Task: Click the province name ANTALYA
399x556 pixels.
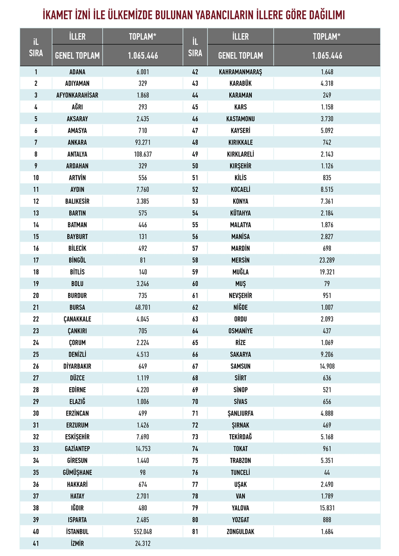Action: pyautogui.click(x=78, y=154)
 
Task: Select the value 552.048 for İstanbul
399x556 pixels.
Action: pyautogui.click(x=142, y=531)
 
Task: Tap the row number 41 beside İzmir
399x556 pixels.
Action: pyautogui.click(x=36, y=543)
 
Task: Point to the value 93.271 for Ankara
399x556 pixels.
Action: pyautogui.click(x=142, y=143)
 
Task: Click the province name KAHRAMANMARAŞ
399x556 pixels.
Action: pyautogui.click(x=240, y=72)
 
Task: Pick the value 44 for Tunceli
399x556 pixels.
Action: pyautogui.click(x=327, y=472)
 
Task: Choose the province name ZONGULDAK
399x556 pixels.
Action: pyautogui.click(x=240, y=531)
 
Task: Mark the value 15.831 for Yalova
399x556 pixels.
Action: pyautogui.click(x=327, y=508)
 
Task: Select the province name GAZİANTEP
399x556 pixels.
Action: pyautogui.click(x=78, y=449)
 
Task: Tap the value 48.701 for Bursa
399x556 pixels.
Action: pyautogui.click(x=142, y=307)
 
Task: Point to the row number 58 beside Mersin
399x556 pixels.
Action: pyautogui.click(x=195, y=260)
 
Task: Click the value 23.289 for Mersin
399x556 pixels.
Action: pyautogui.click(x=327, y=260)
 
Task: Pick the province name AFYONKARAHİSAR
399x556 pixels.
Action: pyautogui.click(x=78, y=95)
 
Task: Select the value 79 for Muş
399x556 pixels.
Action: pyautogui.click(x=327, y=284)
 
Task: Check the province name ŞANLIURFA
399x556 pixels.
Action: pyautogui.click(x=240, y=413)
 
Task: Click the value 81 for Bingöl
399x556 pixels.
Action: pyautogui.click(x=142, y=260)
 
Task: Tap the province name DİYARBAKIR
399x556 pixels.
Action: pyautogui.click(x=78, y=366)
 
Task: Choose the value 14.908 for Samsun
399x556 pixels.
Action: pyautogui.click(x=327, y=366)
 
